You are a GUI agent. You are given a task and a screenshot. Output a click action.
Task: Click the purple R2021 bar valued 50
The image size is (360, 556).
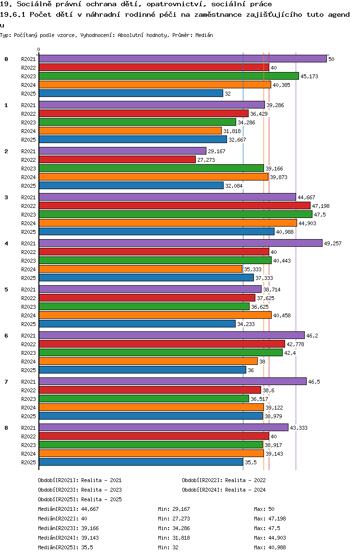[182, 59]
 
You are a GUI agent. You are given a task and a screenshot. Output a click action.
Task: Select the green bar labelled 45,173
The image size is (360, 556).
[168, 76]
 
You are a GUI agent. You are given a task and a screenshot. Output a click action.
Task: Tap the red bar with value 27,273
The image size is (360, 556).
[117, 159]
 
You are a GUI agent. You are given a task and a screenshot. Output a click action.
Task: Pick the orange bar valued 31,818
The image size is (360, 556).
[130, 131]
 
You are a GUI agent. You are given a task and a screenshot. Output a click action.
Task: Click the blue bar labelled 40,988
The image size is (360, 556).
[156, 231]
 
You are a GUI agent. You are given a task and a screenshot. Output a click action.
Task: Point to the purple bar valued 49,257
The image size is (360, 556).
[180, 243]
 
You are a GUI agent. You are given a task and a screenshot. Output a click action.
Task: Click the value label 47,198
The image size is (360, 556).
[321, 206]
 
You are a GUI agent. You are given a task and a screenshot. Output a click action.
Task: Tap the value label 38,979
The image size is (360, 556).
[274, 416]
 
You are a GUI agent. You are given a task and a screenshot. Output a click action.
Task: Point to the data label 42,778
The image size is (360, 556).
[296, 344]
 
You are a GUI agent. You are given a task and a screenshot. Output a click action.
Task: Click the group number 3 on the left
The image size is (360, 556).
[6, 197]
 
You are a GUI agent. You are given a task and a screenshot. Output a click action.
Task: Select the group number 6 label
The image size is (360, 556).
[6, 336]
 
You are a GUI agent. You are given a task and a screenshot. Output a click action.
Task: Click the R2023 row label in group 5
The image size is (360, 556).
[28, 307]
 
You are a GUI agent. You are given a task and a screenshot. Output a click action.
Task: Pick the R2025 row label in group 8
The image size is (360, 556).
[28, 462]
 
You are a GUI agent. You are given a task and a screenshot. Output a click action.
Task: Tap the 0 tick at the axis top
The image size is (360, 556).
[39, 49]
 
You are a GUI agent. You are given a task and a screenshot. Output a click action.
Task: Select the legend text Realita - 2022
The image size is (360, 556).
[245, 480]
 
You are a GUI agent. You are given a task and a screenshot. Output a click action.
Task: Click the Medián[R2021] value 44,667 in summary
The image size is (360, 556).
[90, 509]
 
